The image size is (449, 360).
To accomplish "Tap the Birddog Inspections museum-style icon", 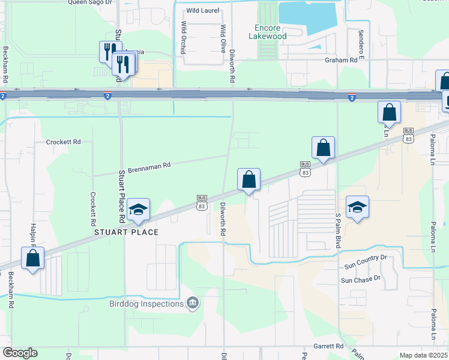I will point(192,304).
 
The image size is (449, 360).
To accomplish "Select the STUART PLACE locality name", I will point(126,232).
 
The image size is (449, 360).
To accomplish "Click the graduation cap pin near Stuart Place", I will point(139,209).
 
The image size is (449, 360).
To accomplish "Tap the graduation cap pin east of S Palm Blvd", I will point(357,208).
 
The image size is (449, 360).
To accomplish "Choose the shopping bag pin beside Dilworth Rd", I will point(249,179).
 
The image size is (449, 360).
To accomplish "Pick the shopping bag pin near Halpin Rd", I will point(33,259).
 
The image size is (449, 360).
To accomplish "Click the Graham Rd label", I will point(341,60).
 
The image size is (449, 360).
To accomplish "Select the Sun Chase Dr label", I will point(361,279).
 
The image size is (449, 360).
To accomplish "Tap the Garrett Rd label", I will point(328,346).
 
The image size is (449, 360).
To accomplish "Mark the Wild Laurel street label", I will point(202,11).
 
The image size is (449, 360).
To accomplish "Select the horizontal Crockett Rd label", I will point(64,142).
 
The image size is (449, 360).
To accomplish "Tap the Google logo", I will point(20,353).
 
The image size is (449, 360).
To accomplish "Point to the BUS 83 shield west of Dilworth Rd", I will point(202,202).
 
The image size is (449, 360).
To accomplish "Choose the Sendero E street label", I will point(361,40).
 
